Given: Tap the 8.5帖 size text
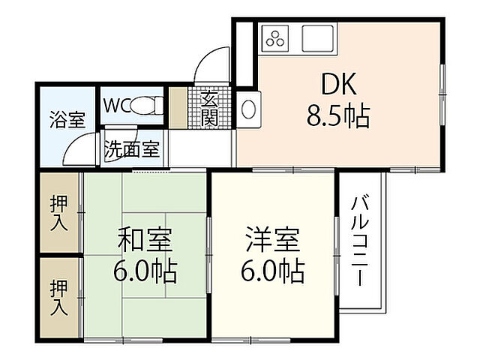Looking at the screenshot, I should tap(337, 117).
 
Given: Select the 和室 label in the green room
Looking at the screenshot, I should tap(146, 241).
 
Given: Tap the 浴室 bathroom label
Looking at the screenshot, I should tap(67, 120).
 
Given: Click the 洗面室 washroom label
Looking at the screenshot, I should tap(131, 148).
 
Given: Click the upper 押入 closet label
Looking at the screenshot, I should tap(58, 212).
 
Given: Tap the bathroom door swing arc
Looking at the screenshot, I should tap(80, 150).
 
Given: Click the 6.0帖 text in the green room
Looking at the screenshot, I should tap(146, 270).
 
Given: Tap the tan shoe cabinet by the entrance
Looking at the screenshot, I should tap(178, 108).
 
